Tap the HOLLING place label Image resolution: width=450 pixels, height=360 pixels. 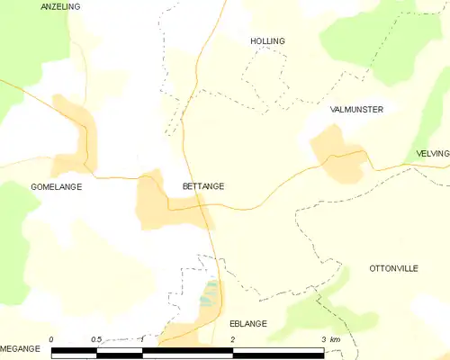(267, 41)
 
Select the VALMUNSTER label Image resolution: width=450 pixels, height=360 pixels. (357, 109)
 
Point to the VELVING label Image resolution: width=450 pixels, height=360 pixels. (432, 154)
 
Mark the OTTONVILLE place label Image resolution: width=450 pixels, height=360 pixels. (394, 269)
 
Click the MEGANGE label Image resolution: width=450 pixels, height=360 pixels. (21, 347)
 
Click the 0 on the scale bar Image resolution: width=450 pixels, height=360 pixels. (51, 339)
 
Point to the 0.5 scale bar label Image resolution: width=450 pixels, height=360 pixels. (96, 339)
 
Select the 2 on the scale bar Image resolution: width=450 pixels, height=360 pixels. (233, 339)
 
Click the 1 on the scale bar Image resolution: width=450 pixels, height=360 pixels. (142, 339)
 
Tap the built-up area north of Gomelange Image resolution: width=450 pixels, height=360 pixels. (75, 126)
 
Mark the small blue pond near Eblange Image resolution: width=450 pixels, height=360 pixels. (209, 293)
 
